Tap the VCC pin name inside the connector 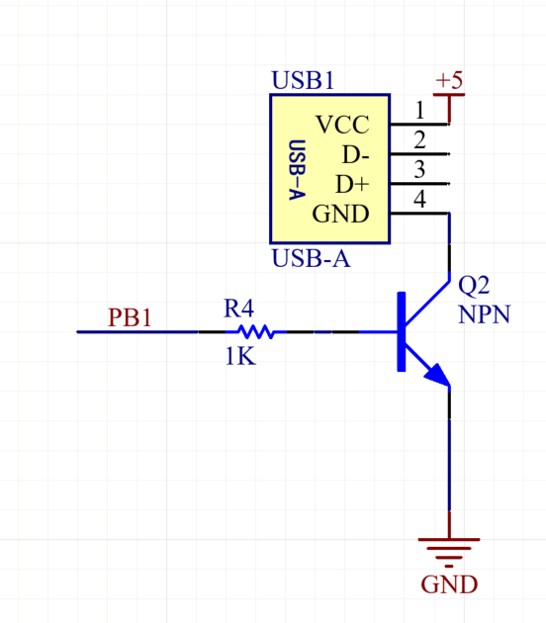click(x=342, y=126)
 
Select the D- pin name click(x=355, y=155)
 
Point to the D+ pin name click(x=352, y=185)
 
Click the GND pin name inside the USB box click(x=340, y=214)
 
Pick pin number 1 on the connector click(x=419, y=110)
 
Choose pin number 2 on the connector click(x=419, y=139)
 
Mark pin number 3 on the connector click(x=419, y=169)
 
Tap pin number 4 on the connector click(x=419, y=199)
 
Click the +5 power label click(x=449, y=79)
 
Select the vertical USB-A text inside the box click(x=294, y=169)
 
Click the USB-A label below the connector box click(x=311, y=259)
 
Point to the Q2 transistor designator click(x=474, y=286)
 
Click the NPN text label click(x=483, y=314)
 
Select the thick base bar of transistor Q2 click(x=402, y=332)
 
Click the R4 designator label click(x=239, y=309)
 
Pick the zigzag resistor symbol click(x=255, y=332)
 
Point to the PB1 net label click(x=130, y=318)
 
